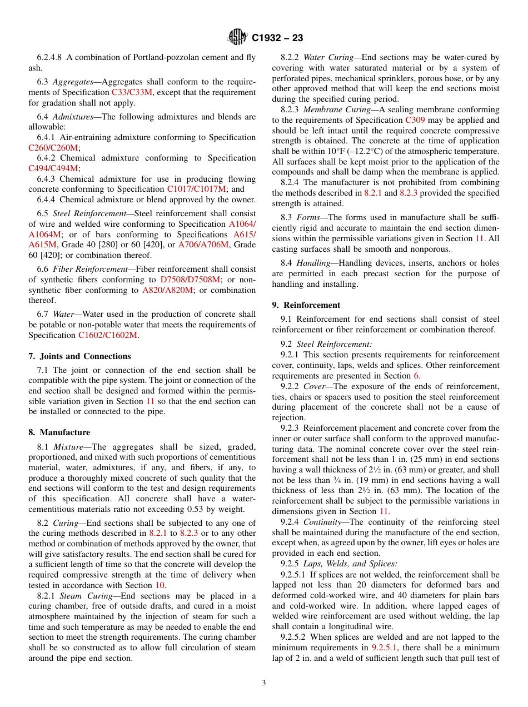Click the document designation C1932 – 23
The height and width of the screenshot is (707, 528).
(x=277, y=38)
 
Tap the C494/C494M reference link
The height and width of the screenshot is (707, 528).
(x=53, y=168)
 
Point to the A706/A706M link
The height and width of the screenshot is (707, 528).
(x=205, y=245)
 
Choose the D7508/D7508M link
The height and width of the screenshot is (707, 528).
(x=190, y=280)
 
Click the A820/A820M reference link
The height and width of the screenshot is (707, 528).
(x=167, y=290)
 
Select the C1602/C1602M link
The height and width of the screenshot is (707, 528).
(x=108, y=335)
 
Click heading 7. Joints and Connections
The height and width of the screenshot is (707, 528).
(x=79, y=356)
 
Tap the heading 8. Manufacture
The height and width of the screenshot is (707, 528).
(x=59, y=432)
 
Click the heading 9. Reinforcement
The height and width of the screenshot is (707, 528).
(x=306, y=305)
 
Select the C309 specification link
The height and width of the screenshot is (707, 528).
(x=415, y=120)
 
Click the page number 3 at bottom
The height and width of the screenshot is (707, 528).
(x=264, y=683)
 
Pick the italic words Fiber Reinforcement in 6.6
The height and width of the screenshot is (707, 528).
(x=90, y=269)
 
